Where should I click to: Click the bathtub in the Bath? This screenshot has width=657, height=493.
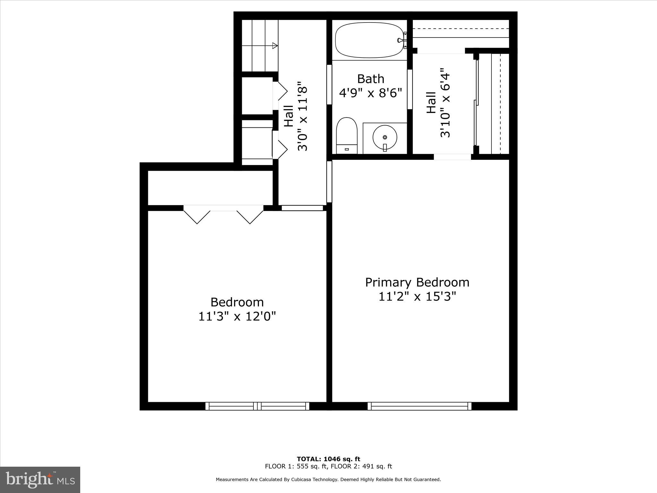tap(369, 40)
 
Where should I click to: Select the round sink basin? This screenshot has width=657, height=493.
tap(385, 137)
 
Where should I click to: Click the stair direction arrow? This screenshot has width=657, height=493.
tap(275, 46)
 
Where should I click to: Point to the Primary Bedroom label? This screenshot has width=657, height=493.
tap(417, 282)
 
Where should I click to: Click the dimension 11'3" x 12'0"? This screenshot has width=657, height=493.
tap(237, 317)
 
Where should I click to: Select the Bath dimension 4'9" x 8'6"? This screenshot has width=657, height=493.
tap(370, 93)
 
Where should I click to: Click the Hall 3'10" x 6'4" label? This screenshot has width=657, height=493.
tap(438, 103)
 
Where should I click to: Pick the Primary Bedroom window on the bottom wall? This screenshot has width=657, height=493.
tap(419, 406)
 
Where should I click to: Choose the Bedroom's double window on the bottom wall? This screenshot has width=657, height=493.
tap(257, 406)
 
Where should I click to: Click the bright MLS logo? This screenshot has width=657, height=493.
tap(40, 480)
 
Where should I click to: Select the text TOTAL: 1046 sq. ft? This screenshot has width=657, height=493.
tap(328, 459)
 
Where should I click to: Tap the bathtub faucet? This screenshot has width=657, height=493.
tap(401, 40)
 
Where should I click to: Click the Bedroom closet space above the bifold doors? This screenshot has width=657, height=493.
tap(210, 188)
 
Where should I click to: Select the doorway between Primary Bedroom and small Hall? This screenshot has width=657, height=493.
tap(452, 157)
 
